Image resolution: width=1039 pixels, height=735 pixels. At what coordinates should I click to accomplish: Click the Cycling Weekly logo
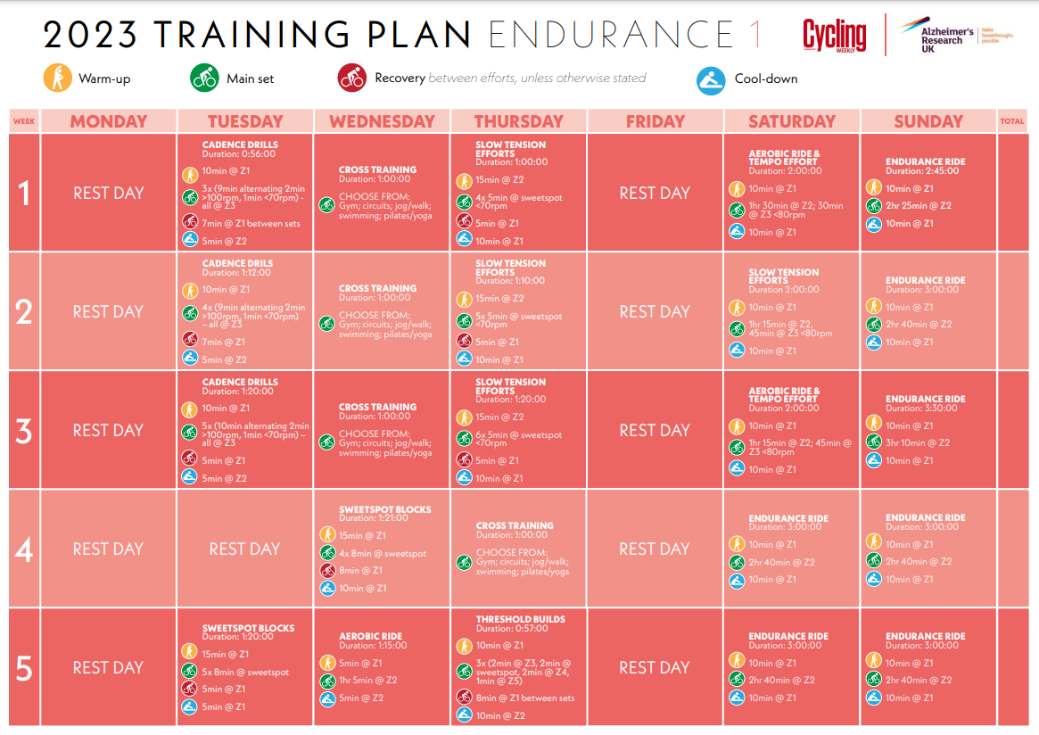tap(834, 36)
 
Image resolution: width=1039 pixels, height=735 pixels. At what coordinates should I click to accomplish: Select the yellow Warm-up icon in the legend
tap(57, 78)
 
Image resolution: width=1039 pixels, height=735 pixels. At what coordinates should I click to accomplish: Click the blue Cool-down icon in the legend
tap(711, 79)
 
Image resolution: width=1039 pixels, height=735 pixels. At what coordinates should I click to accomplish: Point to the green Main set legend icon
tap(204, 78)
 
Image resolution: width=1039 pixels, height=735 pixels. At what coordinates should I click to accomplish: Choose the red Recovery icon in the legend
tap(351, 78)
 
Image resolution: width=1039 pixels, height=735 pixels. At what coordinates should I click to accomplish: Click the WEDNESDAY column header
tap(382, 121)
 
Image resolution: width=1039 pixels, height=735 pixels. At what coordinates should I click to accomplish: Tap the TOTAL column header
tap(1012, 121)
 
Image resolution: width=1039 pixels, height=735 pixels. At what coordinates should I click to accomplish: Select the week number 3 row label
tap(24, 431)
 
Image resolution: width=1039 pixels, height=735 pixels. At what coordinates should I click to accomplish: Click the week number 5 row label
tap(24, 668)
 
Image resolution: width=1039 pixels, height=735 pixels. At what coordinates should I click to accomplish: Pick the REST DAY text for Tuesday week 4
tap(244, 549)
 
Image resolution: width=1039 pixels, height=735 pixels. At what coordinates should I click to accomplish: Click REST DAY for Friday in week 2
tap(655, 311)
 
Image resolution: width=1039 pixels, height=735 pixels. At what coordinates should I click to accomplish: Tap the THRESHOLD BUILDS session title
tap(520, 619)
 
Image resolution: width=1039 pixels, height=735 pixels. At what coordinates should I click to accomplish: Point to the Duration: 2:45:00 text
tap(925, 171)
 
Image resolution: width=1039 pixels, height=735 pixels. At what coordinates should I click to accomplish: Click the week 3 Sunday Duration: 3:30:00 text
tap(925, 409)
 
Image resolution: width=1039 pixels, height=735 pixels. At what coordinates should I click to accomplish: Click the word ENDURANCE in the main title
tap(611, 35)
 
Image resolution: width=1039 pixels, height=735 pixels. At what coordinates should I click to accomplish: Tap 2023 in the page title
tap(90, 35)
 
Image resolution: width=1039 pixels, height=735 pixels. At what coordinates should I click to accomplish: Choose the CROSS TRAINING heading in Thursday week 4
tap(515, 526)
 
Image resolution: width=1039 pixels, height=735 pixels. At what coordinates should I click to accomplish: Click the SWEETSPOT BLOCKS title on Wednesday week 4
tap(384, 510)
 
